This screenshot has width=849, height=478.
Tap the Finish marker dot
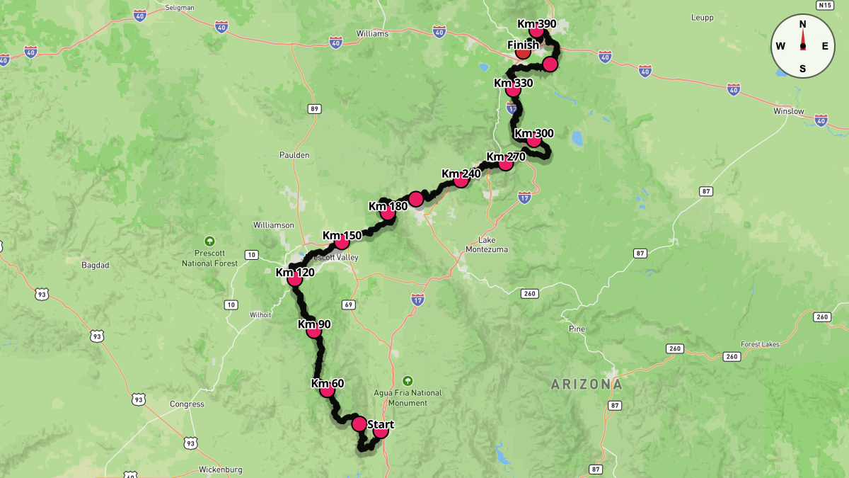(523, 51)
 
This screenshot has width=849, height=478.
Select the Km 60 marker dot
(327, 389)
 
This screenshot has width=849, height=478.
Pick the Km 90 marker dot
(314, 329)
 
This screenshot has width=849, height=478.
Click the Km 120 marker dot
(295, 279)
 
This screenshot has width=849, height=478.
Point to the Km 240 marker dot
(461, 180)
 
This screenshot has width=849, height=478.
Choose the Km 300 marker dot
(534, 140)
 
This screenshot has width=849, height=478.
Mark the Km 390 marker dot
(536, 30)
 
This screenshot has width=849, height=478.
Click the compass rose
(802, 46)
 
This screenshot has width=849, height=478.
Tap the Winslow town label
(788, 111)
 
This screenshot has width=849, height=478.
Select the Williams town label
(372, 33)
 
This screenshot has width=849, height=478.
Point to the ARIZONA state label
(587, 385)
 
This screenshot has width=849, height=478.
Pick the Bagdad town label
(96, 265)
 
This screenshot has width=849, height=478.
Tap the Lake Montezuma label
(487, 244)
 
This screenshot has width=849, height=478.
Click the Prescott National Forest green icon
(209, 241)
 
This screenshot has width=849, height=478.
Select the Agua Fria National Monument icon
(407, 380)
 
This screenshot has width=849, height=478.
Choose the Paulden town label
(294, 155)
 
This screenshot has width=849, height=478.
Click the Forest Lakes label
(760, 344)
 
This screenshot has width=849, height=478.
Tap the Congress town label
(187, 404)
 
